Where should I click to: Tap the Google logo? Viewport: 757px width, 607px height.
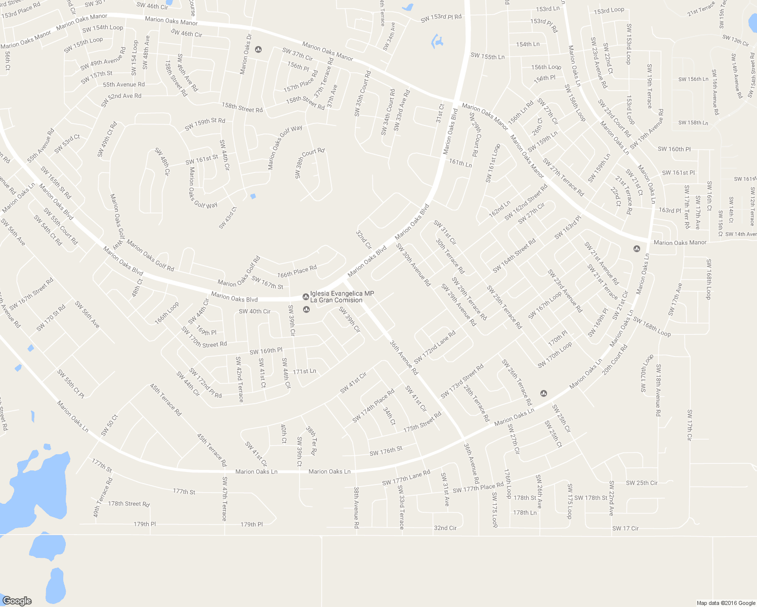pos(17,600)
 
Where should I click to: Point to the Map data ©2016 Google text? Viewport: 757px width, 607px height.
pos(726,602)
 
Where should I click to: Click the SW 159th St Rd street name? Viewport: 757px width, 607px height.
pos(205,124)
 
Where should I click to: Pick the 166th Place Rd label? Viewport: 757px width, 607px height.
pos(297,271)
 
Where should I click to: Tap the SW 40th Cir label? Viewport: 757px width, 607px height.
pos(255,311)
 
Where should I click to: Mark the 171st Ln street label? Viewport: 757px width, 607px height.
pos(304,371)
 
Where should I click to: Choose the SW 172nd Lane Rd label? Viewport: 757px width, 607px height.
pos(435,347)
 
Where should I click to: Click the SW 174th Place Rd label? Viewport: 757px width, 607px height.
pos(373,406)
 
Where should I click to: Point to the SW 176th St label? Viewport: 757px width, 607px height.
pos(386,451)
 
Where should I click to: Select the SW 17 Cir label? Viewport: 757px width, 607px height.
pos(625,528)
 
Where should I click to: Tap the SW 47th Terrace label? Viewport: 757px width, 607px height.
pos(225,498)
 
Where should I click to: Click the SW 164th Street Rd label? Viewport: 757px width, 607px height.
pos(514,255)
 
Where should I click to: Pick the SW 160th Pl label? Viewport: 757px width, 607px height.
pos(674,149)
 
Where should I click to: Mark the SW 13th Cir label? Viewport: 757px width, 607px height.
pos(735,40)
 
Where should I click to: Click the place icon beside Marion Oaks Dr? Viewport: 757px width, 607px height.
pos(259,49)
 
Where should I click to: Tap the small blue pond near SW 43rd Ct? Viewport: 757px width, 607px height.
pos(253,196)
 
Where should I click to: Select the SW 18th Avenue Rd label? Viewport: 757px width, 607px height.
pos(658,389)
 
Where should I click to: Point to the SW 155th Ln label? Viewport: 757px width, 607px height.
pos(487,57)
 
